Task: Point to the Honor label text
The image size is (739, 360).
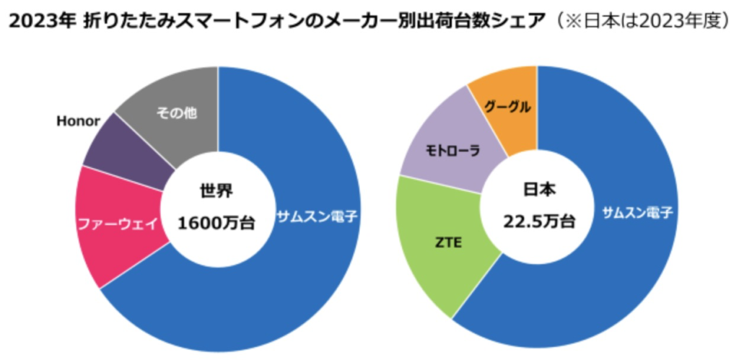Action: [77, 120]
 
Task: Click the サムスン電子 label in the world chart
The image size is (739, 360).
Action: [318, 216]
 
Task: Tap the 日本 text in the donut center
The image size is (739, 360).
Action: [538, 189]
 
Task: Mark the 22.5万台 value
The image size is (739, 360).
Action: [538, 221]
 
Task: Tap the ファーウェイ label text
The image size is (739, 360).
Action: [117, 223]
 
